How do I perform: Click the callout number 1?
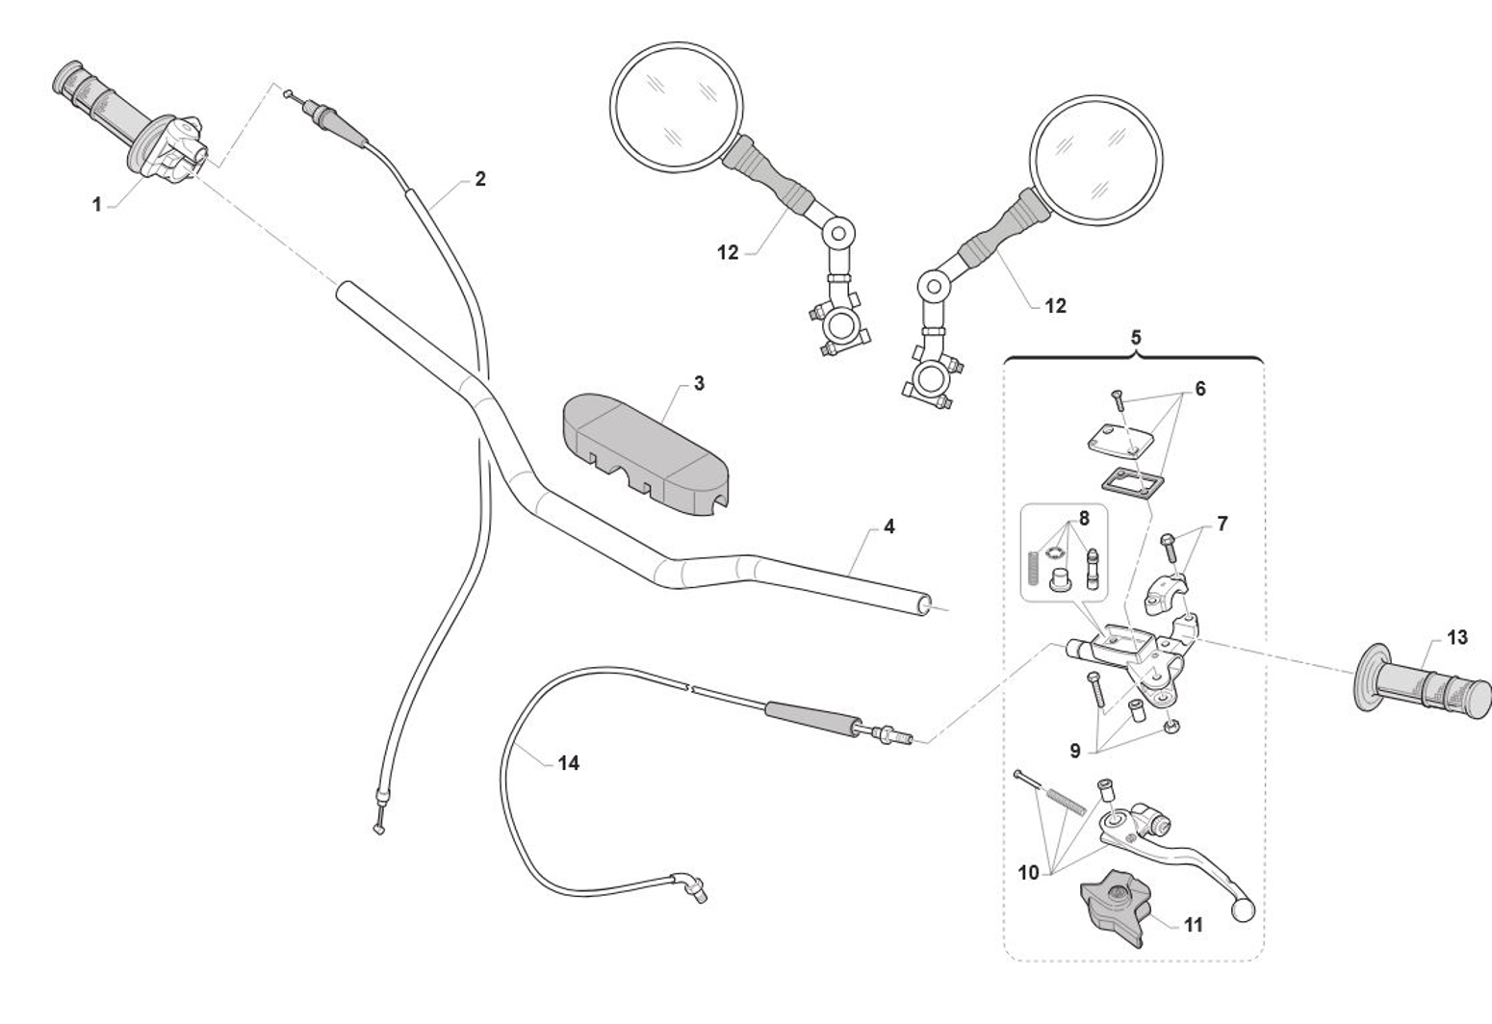pyautogui.click(x=96, y=204)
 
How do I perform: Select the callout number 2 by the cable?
pyautogui.click(x=479, y=178)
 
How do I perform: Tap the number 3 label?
pyautogui.click(x=699, y=383)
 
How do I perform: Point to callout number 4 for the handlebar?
pyautogui.click(x=888, y=526)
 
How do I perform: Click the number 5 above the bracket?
pyautogui.click(x=1136, y=337)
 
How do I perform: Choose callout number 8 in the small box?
pyautogui.click(x=1084, y=518)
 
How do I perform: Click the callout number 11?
pyautogui.click(x=1194, y=925)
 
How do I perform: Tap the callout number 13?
pyautogui.click(x=1456, y=637)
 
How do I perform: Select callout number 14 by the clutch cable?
pyautogui.click(x=568, y=762)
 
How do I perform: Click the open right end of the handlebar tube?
pyautogui.click(x=925, y=604)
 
